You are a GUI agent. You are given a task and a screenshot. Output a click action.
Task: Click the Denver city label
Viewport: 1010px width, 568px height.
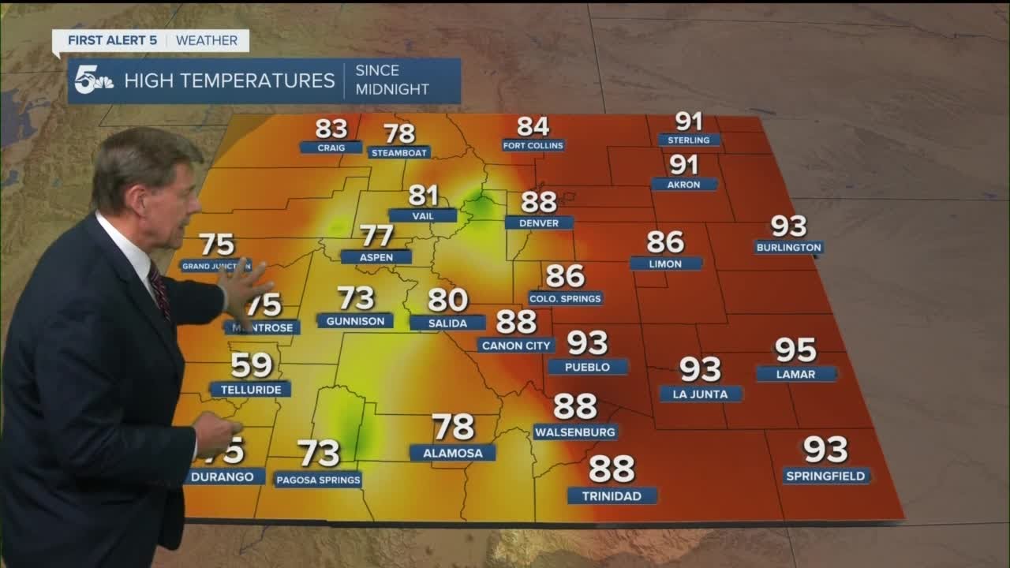(x=539, y=223)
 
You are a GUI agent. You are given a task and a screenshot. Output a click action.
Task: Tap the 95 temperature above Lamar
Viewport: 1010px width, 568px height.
(x=795, y=349)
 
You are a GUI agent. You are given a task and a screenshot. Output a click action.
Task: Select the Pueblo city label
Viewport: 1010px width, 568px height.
(x=588, y=367)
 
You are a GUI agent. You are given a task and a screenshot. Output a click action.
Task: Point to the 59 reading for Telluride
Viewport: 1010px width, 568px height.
(x=252, y=365)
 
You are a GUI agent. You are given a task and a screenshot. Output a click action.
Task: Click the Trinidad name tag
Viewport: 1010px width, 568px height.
(x=612, y=496)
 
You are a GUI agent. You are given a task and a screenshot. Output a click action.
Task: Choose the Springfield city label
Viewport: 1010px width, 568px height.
(x=826, y=476)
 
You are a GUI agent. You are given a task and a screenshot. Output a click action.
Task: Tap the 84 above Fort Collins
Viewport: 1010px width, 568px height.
(x=533, y=126)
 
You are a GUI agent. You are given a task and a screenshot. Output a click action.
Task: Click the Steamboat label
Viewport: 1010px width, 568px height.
(x=399, y=152)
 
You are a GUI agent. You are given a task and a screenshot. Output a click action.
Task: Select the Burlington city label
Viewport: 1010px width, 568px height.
(x=788, y=248)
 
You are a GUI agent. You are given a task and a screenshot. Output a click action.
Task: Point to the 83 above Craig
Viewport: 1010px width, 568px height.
(x=331, y=128)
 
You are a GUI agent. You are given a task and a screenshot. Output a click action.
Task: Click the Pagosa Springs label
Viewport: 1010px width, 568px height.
(x=318, y=480)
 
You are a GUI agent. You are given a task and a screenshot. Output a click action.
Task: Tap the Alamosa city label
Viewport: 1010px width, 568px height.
(x=452, y=453)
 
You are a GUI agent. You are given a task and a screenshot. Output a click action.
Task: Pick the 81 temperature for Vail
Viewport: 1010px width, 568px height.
(x=423, y=196)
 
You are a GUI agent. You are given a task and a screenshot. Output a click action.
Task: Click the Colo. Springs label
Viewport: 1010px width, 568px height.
(x=565, y=298)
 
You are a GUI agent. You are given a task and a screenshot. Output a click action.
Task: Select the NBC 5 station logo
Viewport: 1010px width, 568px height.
(x=94, y=81)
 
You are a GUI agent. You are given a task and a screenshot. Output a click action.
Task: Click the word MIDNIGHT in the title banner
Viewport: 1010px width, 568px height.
(x=391, y=89)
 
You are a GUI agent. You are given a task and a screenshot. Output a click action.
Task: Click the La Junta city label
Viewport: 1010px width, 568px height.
(x=701, y=394)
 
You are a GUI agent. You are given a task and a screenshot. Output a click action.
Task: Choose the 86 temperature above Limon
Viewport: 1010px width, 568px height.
(x=665, y=242)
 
